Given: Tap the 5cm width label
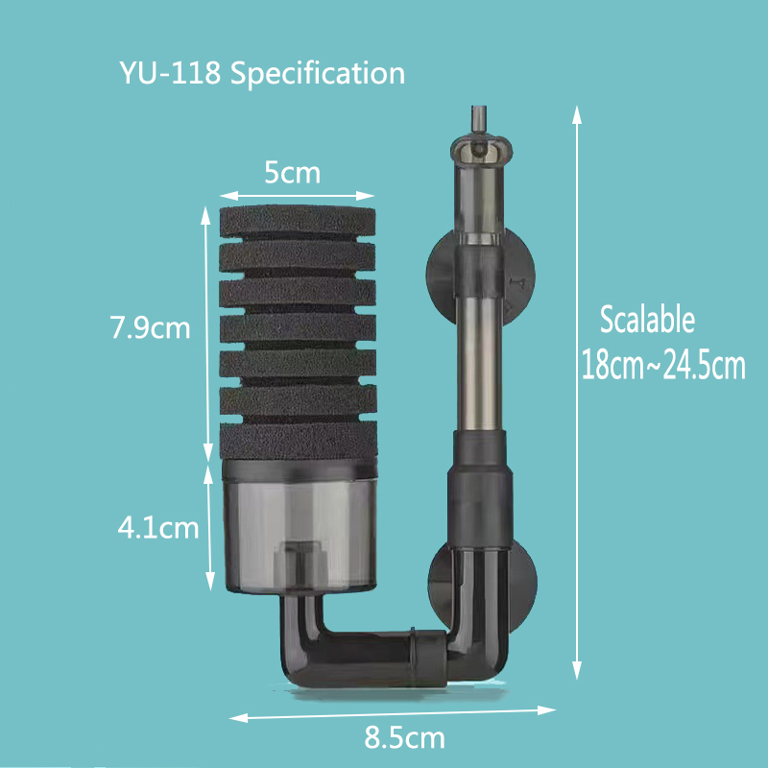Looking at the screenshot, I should point(292,174).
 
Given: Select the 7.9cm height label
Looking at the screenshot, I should point(150,328).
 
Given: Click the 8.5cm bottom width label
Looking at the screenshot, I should point(404,739).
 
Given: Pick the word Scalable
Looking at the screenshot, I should point(646,320).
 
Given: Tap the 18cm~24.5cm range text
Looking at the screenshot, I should point(663,367).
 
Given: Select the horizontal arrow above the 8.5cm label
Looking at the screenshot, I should point(394,713).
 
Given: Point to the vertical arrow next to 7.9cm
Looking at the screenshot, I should point(206,332).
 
